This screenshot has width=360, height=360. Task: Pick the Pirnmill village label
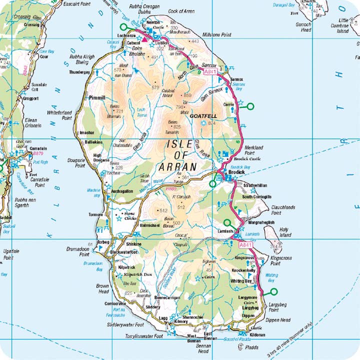tap(97, 98)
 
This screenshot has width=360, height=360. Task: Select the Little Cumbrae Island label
tap(342, 27)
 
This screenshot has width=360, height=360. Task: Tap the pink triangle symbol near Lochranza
tap(145, 38)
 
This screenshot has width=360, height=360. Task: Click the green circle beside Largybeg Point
tap(273, 291)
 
